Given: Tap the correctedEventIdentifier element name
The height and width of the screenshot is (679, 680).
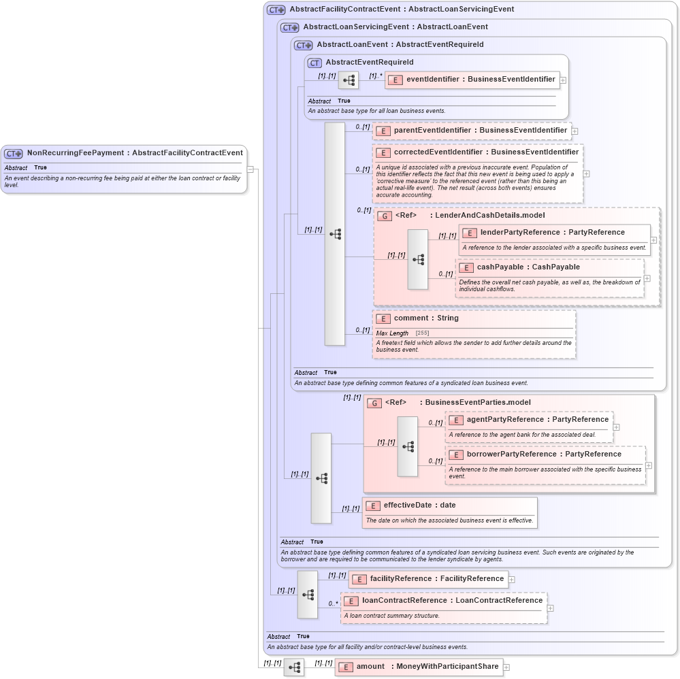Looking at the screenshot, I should click(x=486, y=152).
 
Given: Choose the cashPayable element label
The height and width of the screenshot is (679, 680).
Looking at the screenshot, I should click(x=528, y=267).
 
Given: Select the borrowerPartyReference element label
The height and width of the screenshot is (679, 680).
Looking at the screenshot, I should click(x=544, y=454).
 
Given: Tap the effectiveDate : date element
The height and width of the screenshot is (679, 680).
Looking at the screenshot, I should click(x=419, y=506).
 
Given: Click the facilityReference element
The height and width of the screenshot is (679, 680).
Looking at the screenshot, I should click(x=436, y=579).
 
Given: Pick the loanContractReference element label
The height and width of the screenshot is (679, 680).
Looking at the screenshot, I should click(x=452, y=601).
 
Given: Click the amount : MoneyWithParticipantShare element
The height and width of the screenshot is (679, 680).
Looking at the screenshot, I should click(x=427, y=667).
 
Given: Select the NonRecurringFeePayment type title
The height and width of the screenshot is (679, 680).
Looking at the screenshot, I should click(x=135, y=153).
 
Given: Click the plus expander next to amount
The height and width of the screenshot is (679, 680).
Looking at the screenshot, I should click(x=506, y=667).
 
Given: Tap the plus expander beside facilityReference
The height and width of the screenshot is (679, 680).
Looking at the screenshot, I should click(x=512, y=580).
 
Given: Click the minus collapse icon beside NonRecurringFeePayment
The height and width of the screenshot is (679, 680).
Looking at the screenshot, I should click(x=250, y=169).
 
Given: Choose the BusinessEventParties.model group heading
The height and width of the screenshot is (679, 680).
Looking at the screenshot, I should click(x=478, y=403).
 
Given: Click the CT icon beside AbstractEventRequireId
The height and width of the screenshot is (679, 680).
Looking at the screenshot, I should click(x=314, y=63).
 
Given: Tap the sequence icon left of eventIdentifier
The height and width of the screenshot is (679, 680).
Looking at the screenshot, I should click(x=349, y=80).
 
